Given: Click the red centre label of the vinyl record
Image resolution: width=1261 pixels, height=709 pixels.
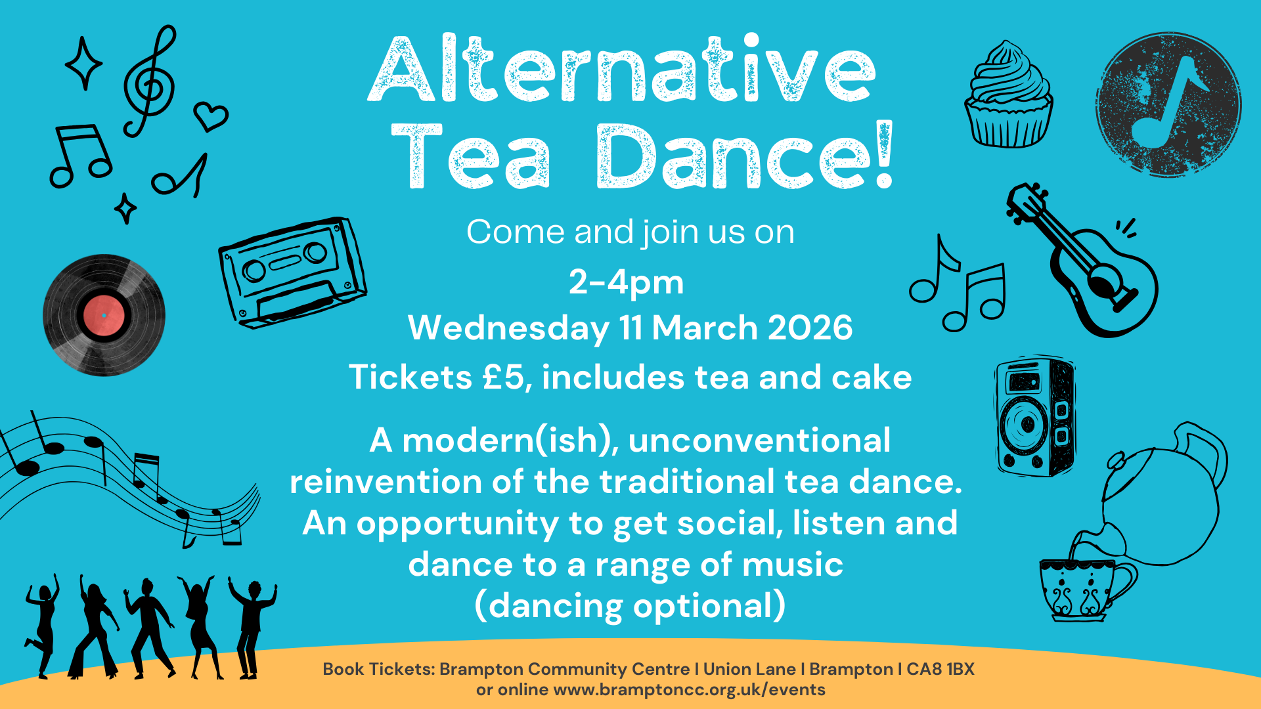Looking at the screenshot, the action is pyautogui.click(x=104, y=315).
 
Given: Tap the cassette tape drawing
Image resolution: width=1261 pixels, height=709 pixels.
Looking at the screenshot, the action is pyautogui.click(x=292, y=272).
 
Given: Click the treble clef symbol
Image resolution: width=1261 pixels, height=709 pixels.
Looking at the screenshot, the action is pyautogui.click(x=150, y=81).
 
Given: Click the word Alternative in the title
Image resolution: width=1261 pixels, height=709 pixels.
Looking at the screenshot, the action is pyautogui.click(x=622, y=70).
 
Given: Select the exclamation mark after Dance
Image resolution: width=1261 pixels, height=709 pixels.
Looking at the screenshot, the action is pyautogui.click(x=885, y=154).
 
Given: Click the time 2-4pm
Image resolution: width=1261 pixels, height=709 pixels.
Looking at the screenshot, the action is pyautogui.click(x=626, y=282).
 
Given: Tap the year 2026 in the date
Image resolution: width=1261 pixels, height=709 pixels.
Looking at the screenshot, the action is pyautogui.click(x=810, y=328).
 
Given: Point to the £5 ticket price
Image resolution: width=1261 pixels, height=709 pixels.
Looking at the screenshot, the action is pyautogui.click(x=503, y=377).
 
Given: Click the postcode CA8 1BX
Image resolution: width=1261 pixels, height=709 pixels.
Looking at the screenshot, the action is pyautogui.click(x=940, y=669).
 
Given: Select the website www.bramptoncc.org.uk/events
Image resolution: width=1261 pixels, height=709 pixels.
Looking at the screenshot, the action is pyautogui.click(x=690, y=690).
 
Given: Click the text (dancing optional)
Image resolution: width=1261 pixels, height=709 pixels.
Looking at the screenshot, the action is pyautogui.click(x=630, y=605).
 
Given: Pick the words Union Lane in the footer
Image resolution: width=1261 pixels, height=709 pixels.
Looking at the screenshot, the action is pyautogui.click(x=749, y=669).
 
